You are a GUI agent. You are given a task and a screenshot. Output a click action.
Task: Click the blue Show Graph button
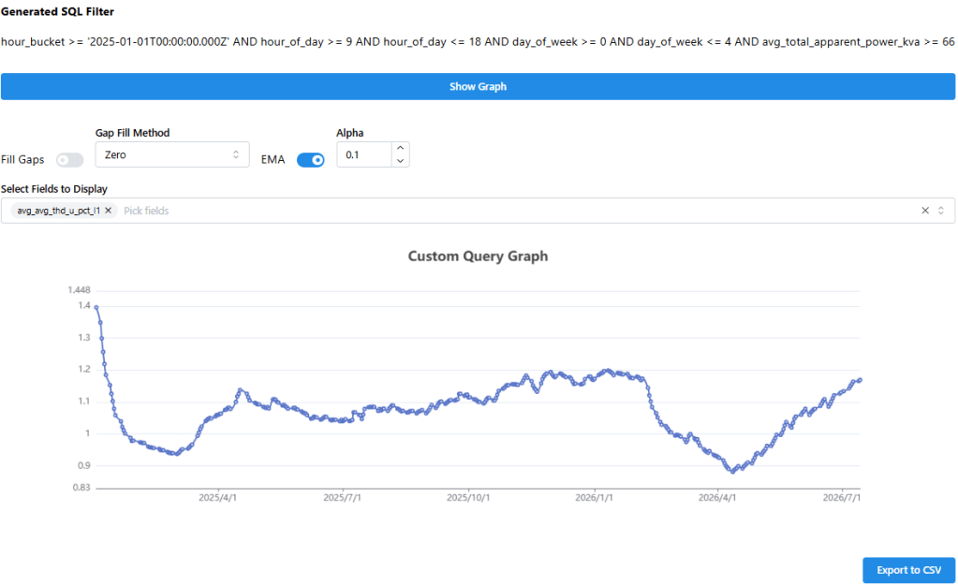(x=478, y=87)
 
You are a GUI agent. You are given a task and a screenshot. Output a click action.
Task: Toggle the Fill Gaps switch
(x=69, y=160)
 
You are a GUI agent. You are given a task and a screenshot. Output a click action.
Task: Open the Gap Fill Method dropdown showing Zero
(x=171, y=154)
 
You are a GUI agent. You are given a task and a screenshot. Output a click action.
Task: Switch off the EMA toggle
(x=310, y=160)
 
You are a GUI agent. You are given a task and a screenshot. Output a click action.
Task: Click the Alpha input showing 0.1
(x=364, y=154)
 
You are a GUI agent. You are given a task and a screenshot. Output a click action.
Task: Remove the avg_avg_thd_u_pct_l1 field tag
(x=108, y=211)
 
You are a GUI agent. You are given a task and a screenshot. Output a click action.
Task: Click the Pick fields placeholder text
(x=146, y=211)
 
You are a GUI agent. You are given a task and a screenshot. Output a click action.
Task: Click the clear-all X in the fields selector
(x=925, y=211)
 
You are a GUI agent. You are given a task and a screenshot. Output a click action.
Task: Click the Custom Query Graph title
(x=478, y=256)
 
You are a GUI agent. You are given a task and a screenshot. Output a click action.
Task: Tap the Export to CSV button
(x=909, y=570)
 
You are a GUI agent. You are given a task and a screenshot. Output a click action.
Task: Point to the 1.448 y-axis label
(x=80, y=290)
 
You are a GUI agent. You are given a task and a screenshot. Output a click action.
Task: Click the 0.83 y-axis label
(x=81, y=488)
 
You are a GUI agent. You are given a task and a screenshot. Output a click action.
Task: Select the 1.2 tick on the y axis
(x=84, y=370)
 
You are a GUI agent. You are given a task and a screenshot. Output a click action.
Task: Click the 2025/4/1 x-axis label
(x=217, y=498)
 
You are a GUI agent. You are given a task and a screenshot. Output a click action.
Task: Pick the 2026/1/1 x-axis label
(x=594, y=498)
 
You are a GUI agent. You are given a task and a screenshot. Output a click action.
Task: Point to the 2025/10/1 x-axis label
(x=468, y=498)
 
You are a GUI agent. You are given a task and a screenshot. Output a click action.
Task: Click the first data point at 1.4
(x=96, y=307)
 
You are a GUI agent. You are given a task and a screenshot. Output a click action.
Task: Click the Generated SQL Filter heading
(x=57, y=11)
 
